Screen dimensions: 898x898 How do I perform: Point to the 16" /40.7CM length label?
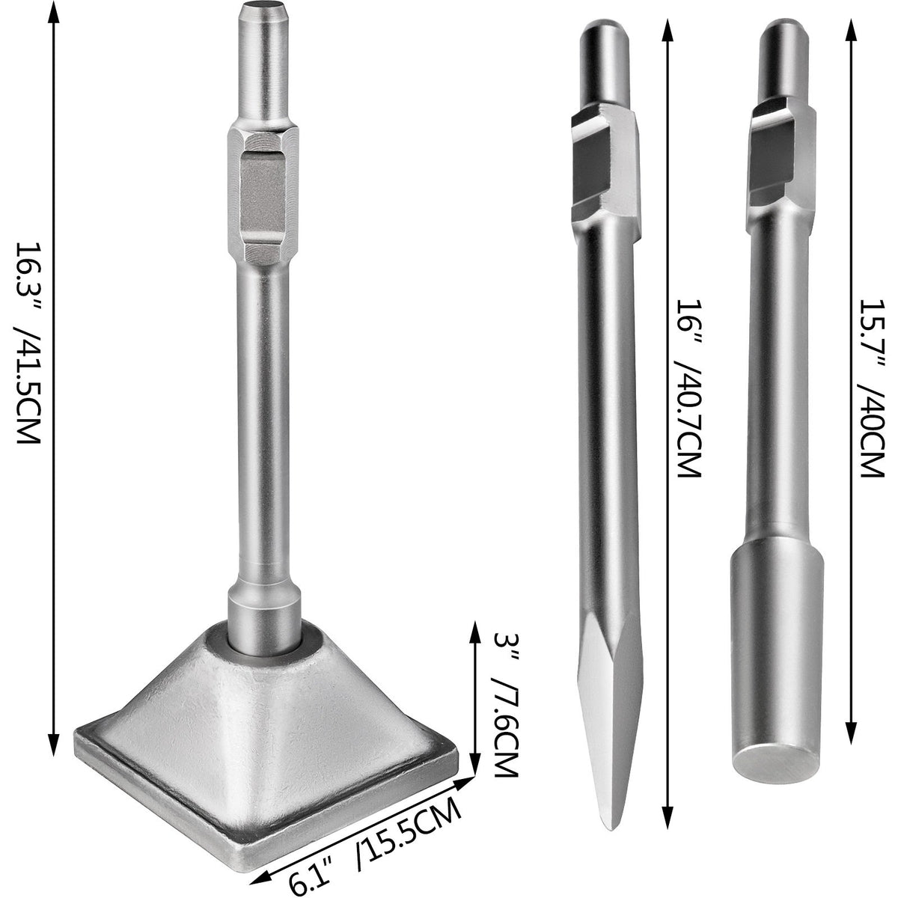[x=686, y=389]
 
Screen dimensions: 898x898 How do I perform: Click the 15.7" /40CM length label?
[x=871, y=389]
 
